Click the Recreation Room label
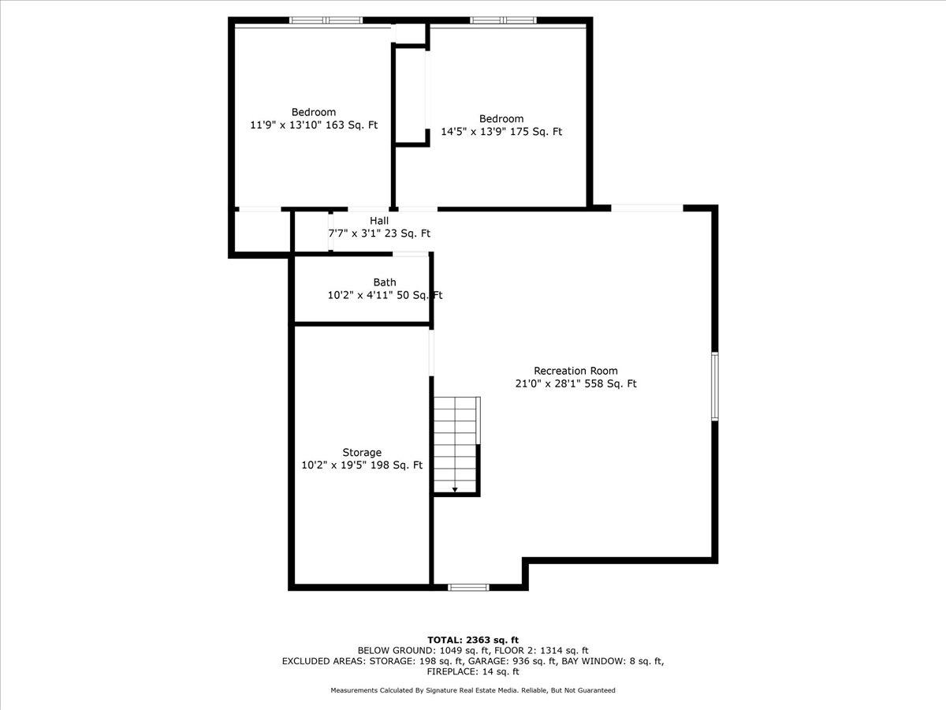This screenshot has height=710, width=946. pyautogui.click(x=575, y=371)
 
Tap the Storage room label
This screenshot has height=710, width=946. pyautogui.click(x=362, y=452)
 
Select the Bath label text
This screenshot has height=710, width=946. pyautogui.click(x=385, y=282)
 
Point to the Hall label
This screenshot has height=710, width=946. pyautogui.click(x=379, y=221)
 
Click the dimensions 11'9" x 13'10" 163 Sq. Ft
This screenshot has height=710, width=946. pyautogui.click(x=314, y=125)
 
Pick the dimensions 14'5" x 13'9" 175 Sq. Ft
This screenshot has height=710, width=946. pyautogui.click(x=501, y=132)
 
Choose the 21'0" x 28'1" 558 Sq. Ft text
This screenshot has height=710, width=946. pyautogui.click(x=575, y=383)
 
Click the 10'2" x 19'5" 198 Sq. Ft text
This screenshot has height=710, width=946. pyautogui.click(x=362, y=465)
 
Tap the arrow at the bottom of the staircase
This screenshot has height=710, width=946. pyautogui.click(x=455, y=489)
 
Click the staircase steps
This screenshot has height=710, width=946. pyautogui.click(x=455, y=444)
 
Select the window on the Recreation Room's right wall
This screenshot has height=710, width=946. pyautogui.click(x=714, y=387)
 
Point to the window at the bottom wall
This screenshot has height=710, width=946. pyautogui.click(x=468, y=587)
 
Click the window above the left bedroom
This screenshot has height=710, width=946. pyautogui.click(x=326, y=21)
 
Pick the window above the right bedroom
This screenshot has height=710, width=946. pyautogui.click(x=504, y=21)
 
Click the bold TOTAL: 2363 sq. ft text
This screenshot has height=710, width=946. pyautogui.click(x=473, y=640)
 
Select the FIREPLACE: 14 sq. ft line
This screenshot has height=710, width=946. pyautogui.click(x=473, y=671)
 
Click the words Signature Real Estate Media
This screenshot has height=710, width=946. pyautogui.click(x=472, y=690)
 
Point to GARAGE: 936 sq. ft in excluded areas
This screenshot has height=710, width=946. pyautogui.click(x=512, y=661)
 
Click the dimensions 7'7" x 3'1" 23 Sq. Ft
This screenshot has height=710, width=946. pyautogui.click(x=379, y=234)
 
